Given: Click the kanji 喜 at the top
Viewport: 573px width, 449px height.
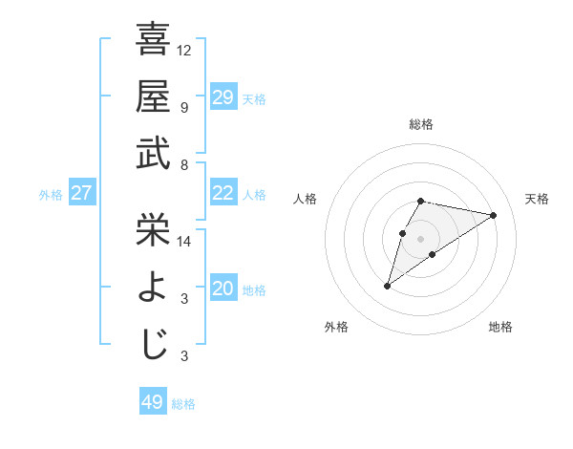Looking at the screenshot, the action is point(153,40).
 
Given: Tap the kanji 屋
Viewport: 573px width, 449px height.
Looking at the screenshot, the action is point(153,96).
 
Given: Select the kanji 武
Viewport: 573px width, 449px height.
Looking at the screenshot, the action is point(153,153).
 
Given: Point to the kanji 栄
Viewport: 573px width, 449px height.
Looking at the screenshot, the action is point(153,229).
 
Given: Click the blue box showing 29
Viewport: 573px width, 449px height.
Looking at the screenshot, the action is point(223,97).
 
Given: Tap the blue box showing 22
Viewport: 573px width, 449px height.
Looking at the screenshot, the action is point(223,193).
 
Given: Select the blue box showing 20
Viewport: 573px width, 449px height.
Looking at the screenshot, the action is point(223,289).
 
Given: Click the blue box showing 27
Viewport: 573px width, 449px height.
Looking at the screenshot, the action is point(81,193).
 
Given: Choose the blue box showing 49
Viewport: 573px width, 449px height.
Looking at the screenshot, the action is point(152,402).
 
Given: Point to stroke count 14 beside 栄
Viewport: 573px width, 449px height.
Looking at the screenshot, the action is point(184,242).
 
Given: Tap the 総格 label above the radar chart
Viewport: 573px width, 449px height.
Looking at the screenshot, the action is point(421,124).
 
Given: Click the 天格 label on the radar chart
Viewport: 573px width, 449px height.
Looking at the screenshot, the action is point(537,199).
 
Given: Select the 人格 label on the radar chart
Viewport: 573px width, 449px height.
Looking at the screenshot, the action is point(306,199).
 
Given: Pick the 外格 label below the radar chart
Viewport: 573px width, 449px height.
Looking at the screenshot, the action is point(336,327).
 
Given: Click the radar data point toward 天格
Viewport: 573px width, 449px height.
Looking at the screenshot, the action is point(494,215).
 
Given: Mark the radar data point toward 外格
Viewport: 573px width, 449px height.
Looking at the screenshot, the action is point(387,285).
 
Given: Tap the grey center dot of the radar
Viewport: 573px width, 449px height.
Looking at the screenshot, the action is point(421,238).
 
